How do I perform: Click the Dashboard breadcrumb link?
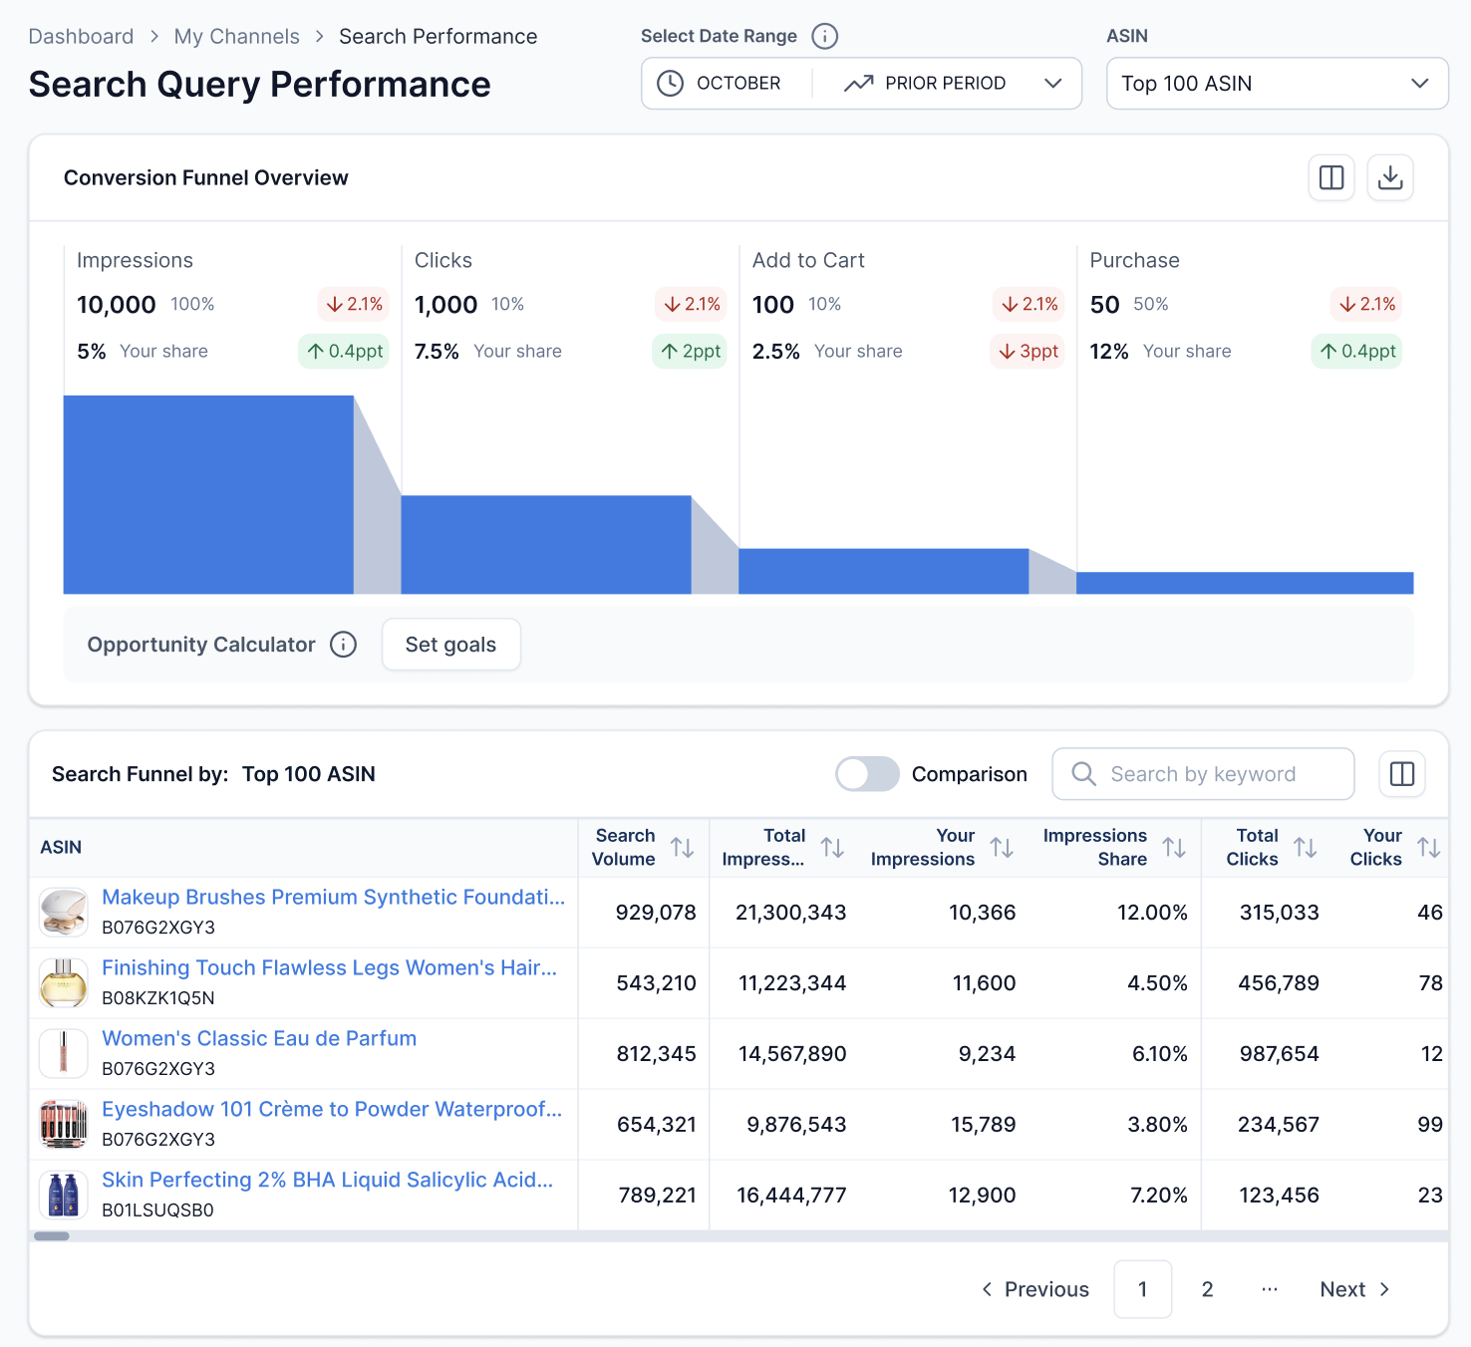81,37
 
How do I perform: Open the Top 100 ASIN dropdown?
1276,84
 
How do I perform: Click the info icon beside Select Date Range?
824,37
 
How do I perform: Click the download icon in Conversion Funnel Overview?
1389,178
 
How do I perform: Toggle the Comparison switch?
867,774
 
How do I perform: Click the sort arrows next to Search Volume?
682,848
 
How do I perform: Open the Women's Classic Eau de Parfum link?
259,1038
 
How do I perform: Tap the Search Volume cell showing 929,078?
655,913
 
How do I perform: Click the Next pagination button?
1353,1289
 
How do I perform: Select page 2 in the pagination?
1207,1289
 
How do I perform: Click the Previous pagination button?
1035,1289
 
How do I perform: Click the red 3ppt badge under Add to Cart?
1028,352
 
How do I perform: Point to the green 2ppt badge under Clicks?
690,352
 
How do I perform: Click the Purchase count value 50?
1104,305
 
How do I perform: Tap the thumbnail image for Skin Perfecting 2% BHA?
64,1195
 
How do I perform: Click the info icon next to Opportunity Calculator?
343,645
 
